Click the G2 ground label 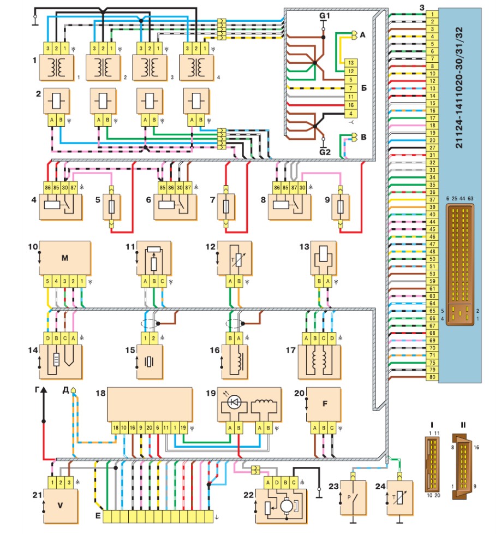pos(325,152)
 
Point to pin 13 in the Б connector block pos(351,63)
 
